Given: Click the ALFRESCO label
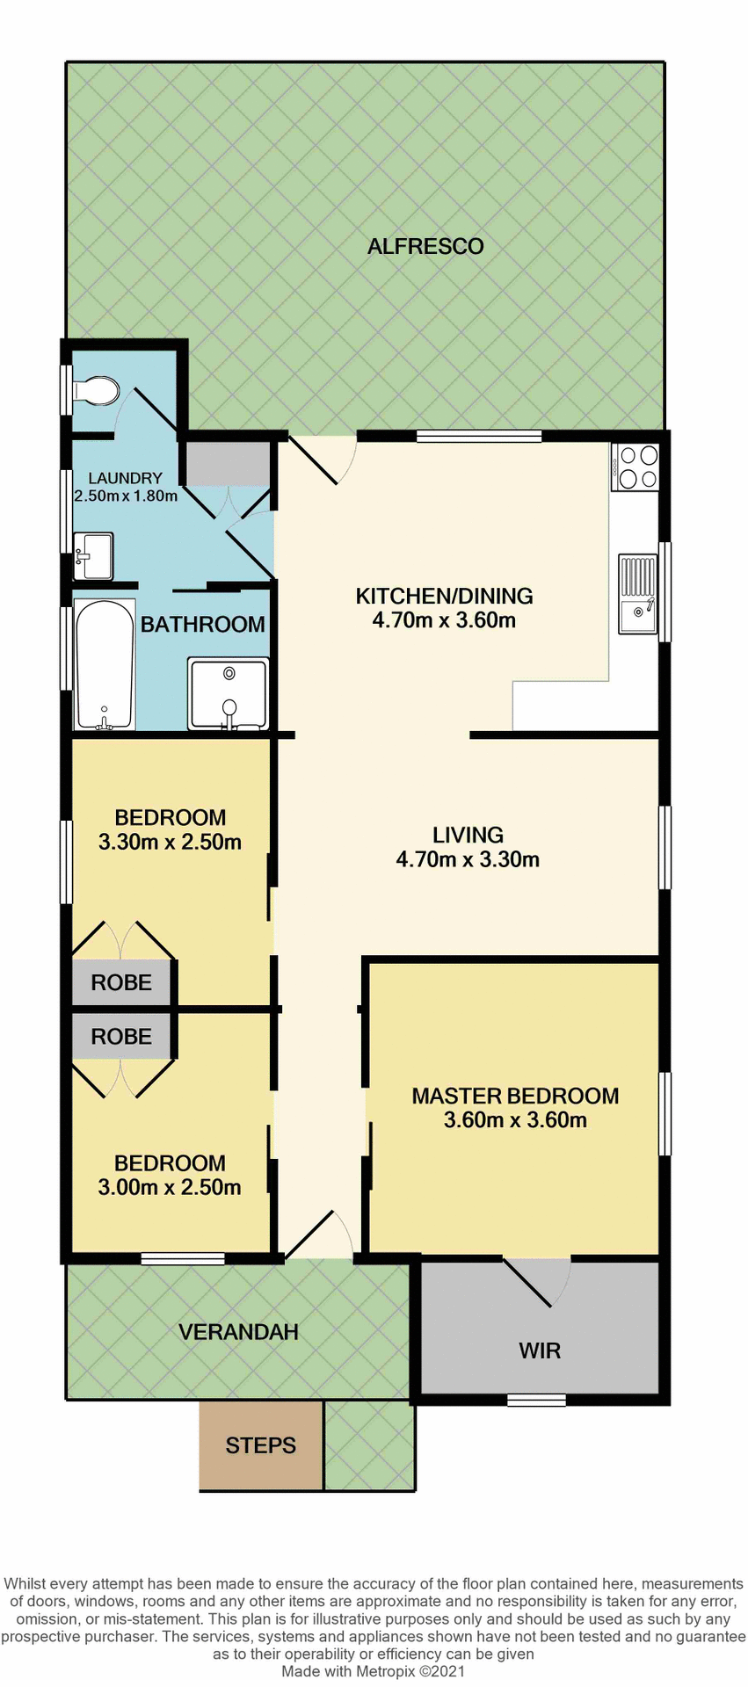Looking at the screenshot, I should point(425,246).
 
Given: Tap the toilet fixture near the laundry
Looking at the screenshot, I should point(96,390).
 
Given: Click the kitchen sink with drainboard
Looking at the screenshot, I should point(637,593).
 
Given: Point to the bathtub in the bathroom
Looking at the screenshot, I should point(104,664).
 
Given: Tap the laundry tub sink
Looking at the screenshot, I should point(93,556).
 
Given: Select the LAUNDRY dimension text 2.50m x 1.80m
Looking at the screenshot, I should point(126,496).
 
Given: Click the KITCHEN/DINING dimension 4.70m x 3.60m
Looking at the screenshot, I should point(444,620).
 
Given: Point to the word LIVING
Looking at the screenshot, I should point(468,835).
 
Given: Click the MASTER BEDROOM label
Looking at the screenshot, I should point(515,1096).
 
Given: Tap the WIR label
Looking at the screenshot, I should point(539,1350).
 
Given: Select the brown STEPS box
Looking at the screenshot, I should point(260,1445).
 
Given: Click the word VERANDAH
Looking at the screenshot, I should point(238,1332).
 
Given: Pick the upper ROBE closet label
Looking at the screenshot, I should point(121,982).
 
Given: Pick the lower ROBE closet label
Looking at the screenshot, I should point(121,1037).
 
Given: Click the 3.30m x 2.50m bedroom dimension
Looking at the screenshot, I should point(170,842).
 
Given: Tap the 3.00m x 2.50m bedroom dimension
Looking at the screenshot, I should point(170,1187).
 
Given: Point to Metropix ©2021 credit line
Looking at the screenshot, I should point(373,1671).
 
